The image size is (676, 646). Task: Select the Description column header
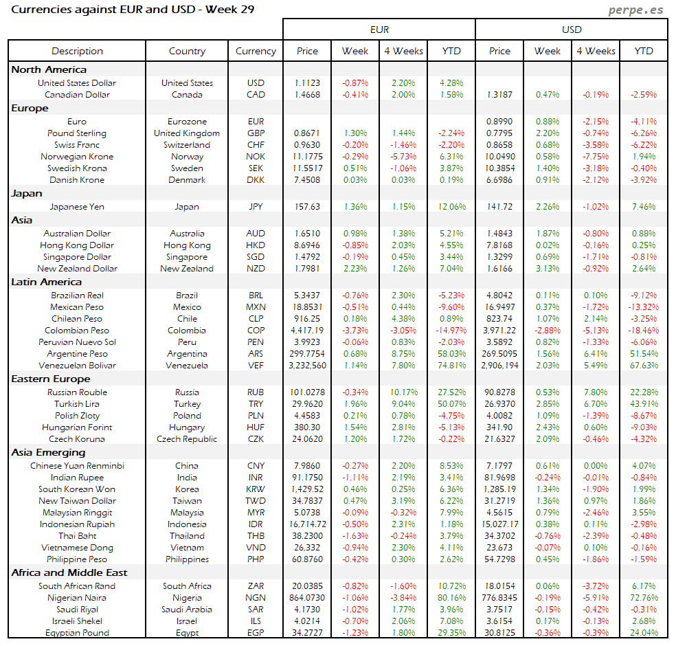[77, 51]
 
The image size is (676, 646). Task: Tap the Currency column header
[256, 51]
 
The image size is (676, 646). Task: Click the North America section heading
[49, 69]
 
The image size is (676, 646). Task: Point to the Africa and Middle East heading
[69, 572]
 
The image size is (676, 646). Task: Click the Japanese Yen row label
[77, 206]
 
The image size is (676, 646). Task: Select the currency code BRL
[256, 296]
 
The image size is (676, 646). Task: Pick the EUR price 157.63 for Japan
[307, 206]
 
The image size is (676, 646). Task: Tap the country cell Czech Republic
[187, 439]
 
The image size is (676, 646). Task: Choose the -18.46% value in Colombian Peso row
[644, 331]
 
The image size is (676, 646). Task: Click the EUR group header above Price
[379, 30]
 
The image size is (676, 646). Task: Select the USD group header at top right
[572, 30]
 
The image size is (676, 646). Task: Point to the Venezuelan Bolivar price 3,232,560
[307, 366]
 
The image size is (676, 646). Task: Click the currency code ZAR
[256, 586]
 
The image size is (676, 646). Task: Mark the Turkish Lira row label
[77, 404]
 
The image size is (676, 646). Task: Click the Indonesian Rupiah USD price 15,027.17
[499, 524]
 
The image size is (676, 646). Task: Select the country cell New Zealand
[187, 269]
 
